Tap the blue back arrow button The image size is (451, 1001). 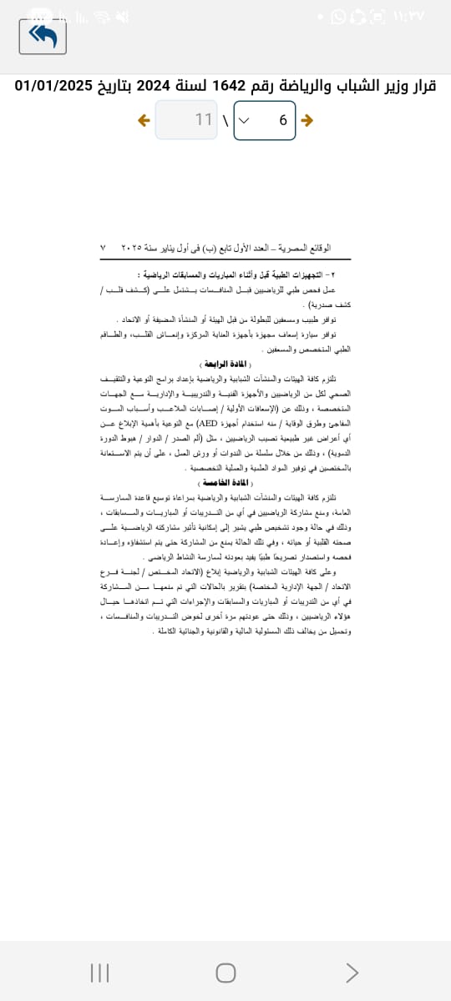pos(48,36)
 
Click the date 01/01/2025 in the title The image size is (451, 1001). pos(53,85)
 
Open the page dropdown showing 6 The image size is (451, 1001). pos(265,120)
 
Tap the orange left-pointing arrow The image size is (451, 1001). pos(144,120)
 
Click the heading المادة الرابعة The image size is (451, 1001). pos(225,365)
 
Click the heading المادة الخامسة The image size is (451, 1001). pos(225,483)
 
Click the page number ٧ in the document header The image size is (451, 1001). pos(102,249)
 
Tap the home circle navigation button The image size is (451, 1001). pos(225,973)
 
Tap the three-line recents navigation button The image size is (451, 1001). pos(99,973)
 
